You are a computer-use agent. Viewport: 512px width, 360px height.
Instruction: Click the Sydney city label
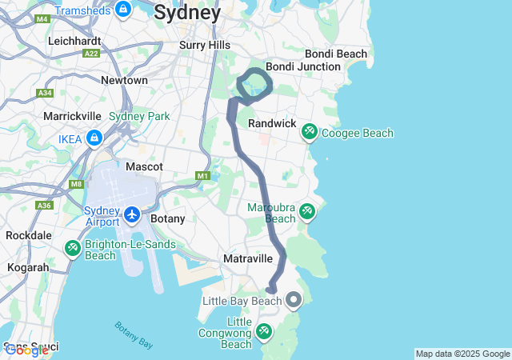click(x=187, y=13)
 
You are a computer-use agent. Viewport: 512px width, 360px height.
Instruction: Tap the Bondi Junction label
click(x=303, y=66)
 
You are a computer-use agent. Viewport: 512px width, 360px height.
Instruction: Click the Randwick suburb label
click(x=272, y=124)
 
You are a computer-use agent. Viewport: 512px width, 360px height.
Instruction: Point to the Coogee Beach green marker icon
click(x=309, y=132)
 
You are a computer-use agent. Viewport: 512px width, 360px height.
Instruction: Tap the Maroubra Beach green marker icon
click(x=306, y=212)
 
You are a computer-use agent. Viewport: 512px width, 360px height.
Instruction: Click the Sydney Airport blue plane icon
click(x=132, y=214)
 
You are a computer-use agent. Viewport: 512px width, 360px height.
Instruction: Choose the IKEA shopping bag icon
click(x=94, y=138)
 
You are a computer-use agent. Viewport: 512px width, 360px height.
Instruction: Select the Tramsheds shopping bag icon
click(x=123, y=10)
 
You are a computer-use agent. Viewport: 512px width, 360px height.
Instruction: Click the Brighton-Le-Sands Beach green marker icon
click(x=73, y=249)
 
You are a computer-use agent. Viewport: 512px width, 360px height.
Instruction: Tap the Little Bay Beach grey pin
click(x=294, y=301)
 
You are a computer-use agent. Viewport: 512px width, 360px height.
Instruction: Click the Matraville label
click(x=248, y=258)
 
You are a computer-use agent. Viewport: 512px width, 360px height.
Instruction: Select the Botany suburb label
click(x=168, y=218)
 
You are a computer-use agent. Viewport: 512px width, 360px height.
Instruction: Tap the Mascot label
click(x=144, y=166)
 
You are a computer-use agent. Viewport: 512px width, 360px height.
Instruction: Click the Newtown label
click(x=124, y=80)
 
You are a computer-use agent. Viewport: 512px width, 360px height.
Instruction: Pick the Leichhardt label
click(x=74, y=40)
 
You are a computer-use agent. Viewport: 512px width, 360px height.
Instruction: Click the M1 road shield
click(x=202, y=175)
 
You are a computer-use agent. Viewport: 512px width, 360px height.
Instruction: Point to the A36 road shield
click(x=45, y=206)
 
